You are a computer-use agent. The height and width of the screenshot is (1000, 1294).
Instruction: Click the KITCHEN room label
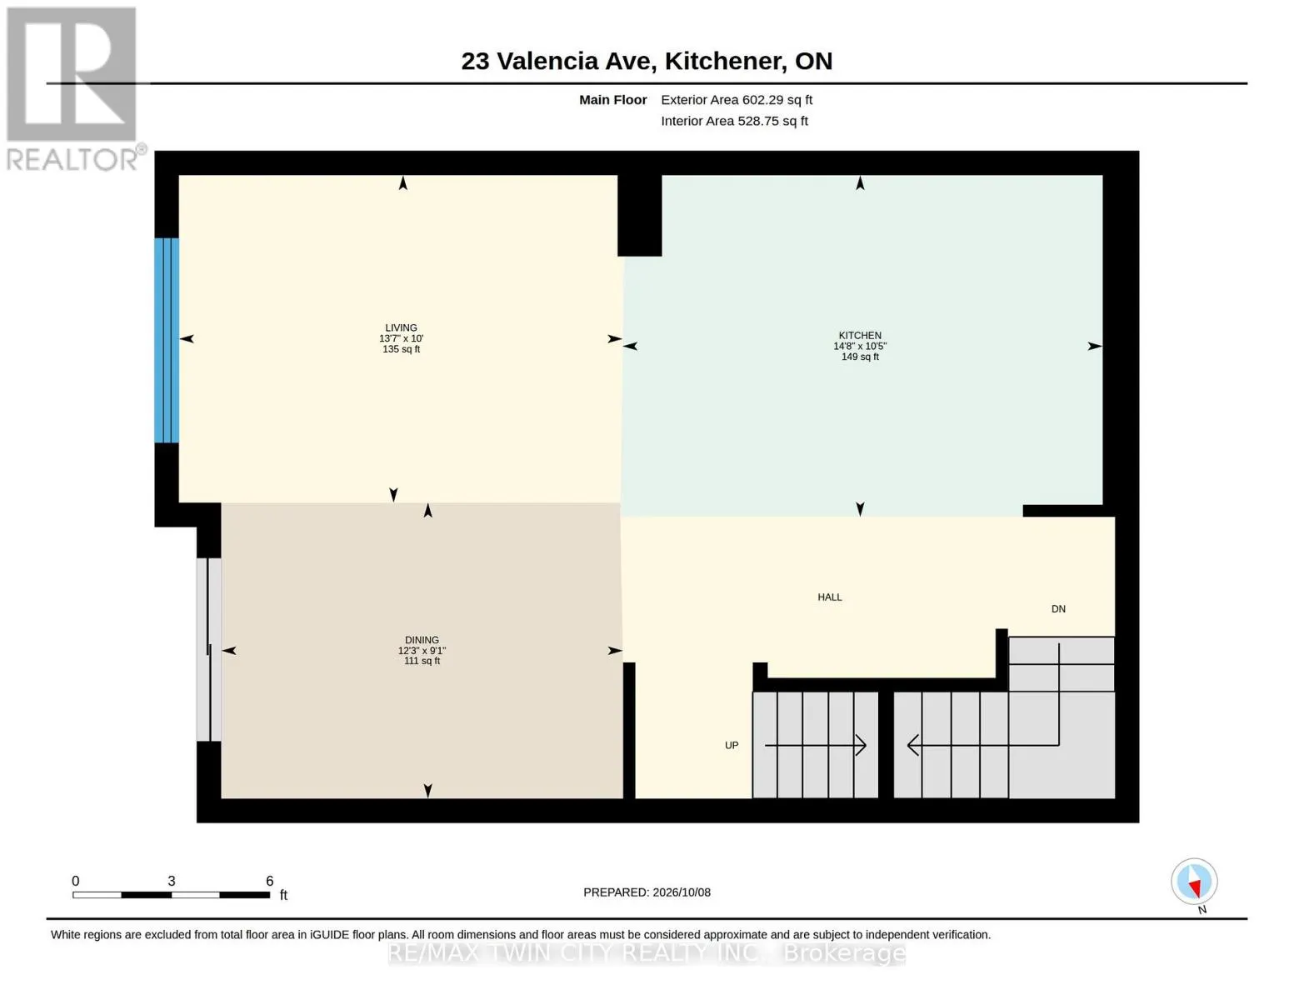point(859,335)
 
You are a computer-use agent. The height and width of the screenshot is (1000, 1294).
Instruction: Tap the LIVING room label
point(401,327)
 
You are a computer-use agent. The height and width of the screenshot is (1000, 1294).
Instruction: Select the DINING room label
point(422,640)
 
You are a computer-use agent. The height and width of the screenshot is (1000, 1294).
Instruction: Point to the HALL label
point(830,597)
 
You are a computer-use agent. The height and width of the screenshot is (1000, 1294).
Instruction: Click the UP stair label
point(732,745)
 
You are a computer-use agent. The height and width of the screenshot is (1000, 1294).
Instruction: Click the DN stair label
point(1058,608)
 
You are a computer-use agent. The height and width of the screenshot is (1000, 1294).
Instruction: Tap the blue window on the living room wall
point(167,340)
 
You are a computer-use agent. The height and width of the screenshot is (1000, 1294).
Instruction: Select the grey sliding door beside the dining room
point(209,649)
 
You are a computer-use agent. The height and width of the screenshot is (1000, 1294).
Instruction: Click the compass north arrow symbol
point(1194,882)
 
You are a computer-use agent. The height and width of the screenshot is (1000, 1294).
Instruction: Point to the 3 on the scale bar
point(172,881)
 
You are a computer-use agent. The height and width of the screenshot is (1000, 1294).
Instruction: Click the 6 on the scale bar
point(269,881)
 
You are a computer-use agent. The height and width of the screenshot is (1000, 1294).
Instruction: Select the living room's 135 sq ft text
point(401,349)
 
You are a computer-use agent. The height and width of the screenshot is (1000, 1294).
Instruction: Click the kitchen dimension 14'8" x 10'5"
point(859,346)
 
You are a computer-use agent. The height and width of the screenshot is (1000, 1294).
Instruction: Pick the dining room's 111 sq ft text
point(422,661)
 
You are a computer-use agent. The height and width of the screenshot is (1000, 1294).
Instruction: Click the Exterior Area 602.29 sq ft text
point(736,100)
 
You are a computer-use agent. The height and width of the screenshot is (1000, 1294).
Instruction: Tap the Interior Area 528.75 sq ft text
point(733,121)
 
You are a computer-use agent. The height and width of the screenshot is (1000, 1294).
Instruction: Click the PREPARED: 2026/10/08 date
point(647,892)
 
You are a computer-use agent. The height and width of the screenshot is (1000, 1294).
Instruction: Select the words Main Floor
point(612,100)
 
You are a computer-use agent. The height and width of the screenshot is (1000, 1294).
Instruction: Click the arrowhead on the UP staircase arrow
point(862,745)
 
